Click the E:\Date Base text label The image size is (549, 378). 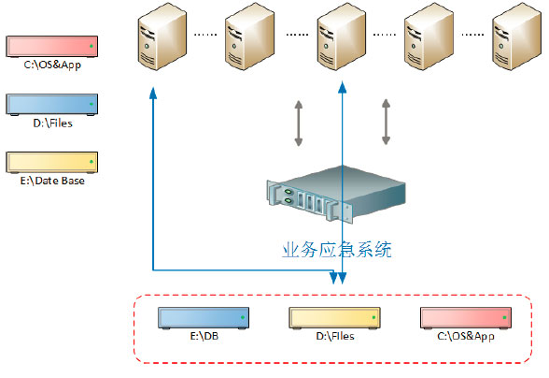point(52,181)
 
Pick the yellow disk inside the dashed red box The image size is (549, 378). point(334,317)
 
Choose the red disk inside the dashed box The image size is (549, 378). point(466,317)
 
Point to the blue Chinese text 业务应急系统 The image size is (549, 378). point(336,251)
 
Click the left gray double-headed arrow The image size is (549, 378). point(299,122)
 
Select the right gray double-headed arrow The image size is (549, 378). point(386,122)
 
